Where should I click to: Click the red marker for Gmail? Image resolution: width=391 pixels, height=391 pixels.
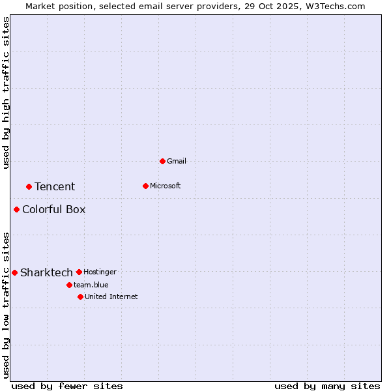pos(162,161)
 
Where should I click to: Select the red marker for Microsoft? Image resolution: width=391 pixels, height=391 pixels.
pos(145,186)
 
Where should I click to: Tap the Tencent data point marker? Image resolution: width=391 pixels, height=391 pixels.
pos(29,186)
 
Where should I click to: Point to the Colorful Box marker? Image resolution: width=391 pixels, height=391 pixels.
pos(16,209)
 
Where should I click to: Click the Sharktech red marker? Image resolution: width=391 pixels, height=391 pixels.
pos(14,272)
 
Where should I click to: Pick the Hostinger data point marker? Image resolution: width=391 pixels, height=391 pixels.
pos(79,272)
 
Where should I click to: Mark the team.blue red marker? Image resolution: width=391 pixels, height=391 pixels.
pos(69,285)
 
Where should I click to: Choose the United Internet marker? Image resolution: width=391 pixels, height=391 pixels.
pos(80,297)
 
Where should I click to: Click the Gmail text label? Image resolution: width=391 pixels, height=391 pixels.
pos(177,161)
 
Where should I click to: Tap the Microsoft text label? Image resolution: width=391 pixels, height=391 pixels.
pos(166,186)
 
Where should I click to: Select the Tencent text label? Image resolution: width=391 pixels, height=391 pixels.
pos(55,187)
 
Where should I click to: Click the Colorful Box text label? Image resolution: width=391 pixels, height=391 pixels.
pos(53,209)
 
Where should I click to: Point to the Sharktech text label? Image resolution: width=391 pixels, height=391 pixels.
pos(46,272)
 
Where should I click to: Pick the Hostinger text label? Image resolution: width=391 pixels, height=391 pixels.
pos(100,272)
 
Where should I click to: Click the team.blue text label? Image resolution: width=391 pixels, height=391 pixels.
pos(91,285)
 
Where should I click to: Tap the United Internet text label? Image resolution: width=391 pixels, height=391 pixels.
pos(111,297)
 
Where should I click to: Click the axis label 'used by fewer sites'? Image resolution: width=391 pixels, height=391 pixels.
pos(67,386)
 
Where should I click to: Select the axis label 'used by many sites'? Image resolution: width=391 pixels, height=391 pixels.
pos(327,386)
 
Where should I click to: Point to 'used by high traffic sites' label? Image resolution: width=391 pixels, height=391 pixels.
pos(7,93)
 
